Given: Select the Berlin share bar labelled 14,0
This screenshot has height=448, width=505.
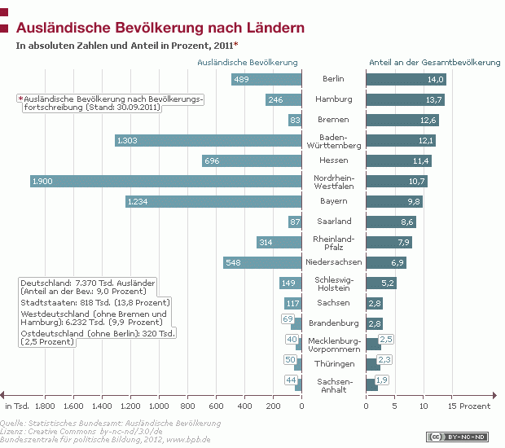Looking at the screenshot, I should [x=406, y=79].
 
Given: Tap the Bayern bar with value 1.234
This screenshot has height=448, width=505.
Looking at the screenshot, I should [x=213, y=201].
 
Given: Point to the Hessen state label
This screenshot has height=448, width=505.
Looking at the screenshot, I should [x=333, y=160].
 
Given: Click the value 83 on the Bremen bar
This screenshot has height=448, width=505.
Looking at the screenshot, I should [x=295, y=120].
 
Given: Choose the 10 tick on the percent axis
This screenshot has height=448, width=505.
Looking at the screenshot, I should [x=424, y=405].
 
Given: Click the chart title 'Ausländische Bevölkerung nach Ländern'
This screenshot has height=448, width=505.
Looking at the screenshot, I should [x=160, y=28].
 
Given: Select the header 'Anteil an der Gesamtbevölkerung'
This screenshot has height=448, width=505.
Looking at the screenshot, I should [x=434, y=62].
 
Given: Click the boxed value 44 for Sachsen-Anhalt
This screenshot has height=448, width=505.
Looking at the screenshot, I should [x=290, y=380].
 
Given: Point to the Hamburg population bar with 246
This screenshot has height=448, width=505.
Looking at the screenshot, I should [x=283, y=99].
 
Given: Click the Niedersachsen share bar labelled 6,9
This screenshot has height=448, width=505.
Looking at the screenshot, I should [x=385, y=262].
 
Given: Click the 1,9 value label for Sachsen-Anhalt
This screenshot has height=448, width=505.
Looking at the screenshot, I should [x=382, y=380].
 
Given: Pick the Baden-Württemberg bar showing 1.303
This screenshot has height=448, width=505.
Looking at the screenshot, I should [x=208, y=140].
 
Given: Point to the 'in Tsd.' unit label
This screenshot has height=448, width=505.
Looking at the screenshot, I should [x=17, y=405].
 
